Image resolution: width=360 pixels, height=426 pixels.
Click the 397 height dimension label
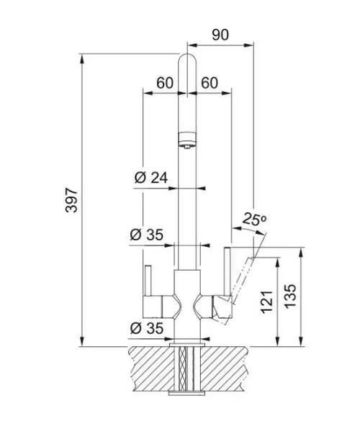click(72, 200)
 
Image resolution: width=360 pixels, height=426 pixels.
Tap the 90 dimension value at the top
click(220, 35)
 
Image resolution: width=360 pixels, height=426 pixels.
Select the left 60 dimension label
click(165, 83)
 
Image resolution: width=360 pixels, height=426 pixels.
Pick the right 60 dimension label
click(210, 83)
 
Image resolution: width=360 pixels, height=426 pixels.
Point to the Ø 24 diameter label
click(151, 178)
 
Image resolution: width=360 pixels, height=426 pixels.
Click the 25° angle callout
click(254, 219)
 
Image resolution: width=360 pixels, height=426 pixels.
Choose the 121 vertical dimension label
click(267, 302)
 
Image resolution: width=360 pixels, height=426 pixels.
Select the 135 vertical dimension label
click(290, 296)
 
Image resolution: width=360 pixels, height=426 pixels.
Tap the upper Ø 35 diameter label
click(147, 235)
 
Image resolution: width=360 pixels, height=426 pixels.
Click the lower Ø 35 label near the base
click(147, 328)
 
